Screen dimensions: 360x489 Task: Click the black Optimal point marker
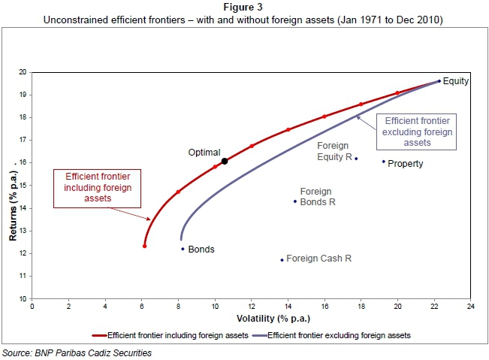tap(224, 160)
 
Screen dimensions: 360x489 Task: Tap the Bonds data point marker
tap(183, 249)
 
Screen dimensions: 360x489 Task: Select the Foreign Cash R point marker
tap(282, 260)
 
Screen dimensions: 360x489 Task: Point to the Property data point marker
tap(383, 162)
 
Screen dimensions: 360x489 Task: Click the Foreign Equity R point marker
tap(356, 159)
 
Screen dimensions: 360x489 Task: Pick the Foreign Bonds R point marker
tap(295, 201)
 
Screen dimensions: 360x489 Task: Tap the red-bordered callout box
tap(87, 187)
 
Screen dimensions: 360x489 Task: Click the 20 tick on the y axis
tap(23, 72)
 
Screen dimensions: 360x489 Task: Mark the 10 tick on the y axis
tap(23, 299)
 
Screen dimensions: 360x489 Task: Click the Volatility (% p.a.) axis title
tap(251, 318)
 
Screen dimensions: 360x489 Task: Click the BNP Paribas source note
tap(82, 352)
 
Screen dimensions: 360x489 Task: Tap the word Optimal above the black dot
tap(204, 152)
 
